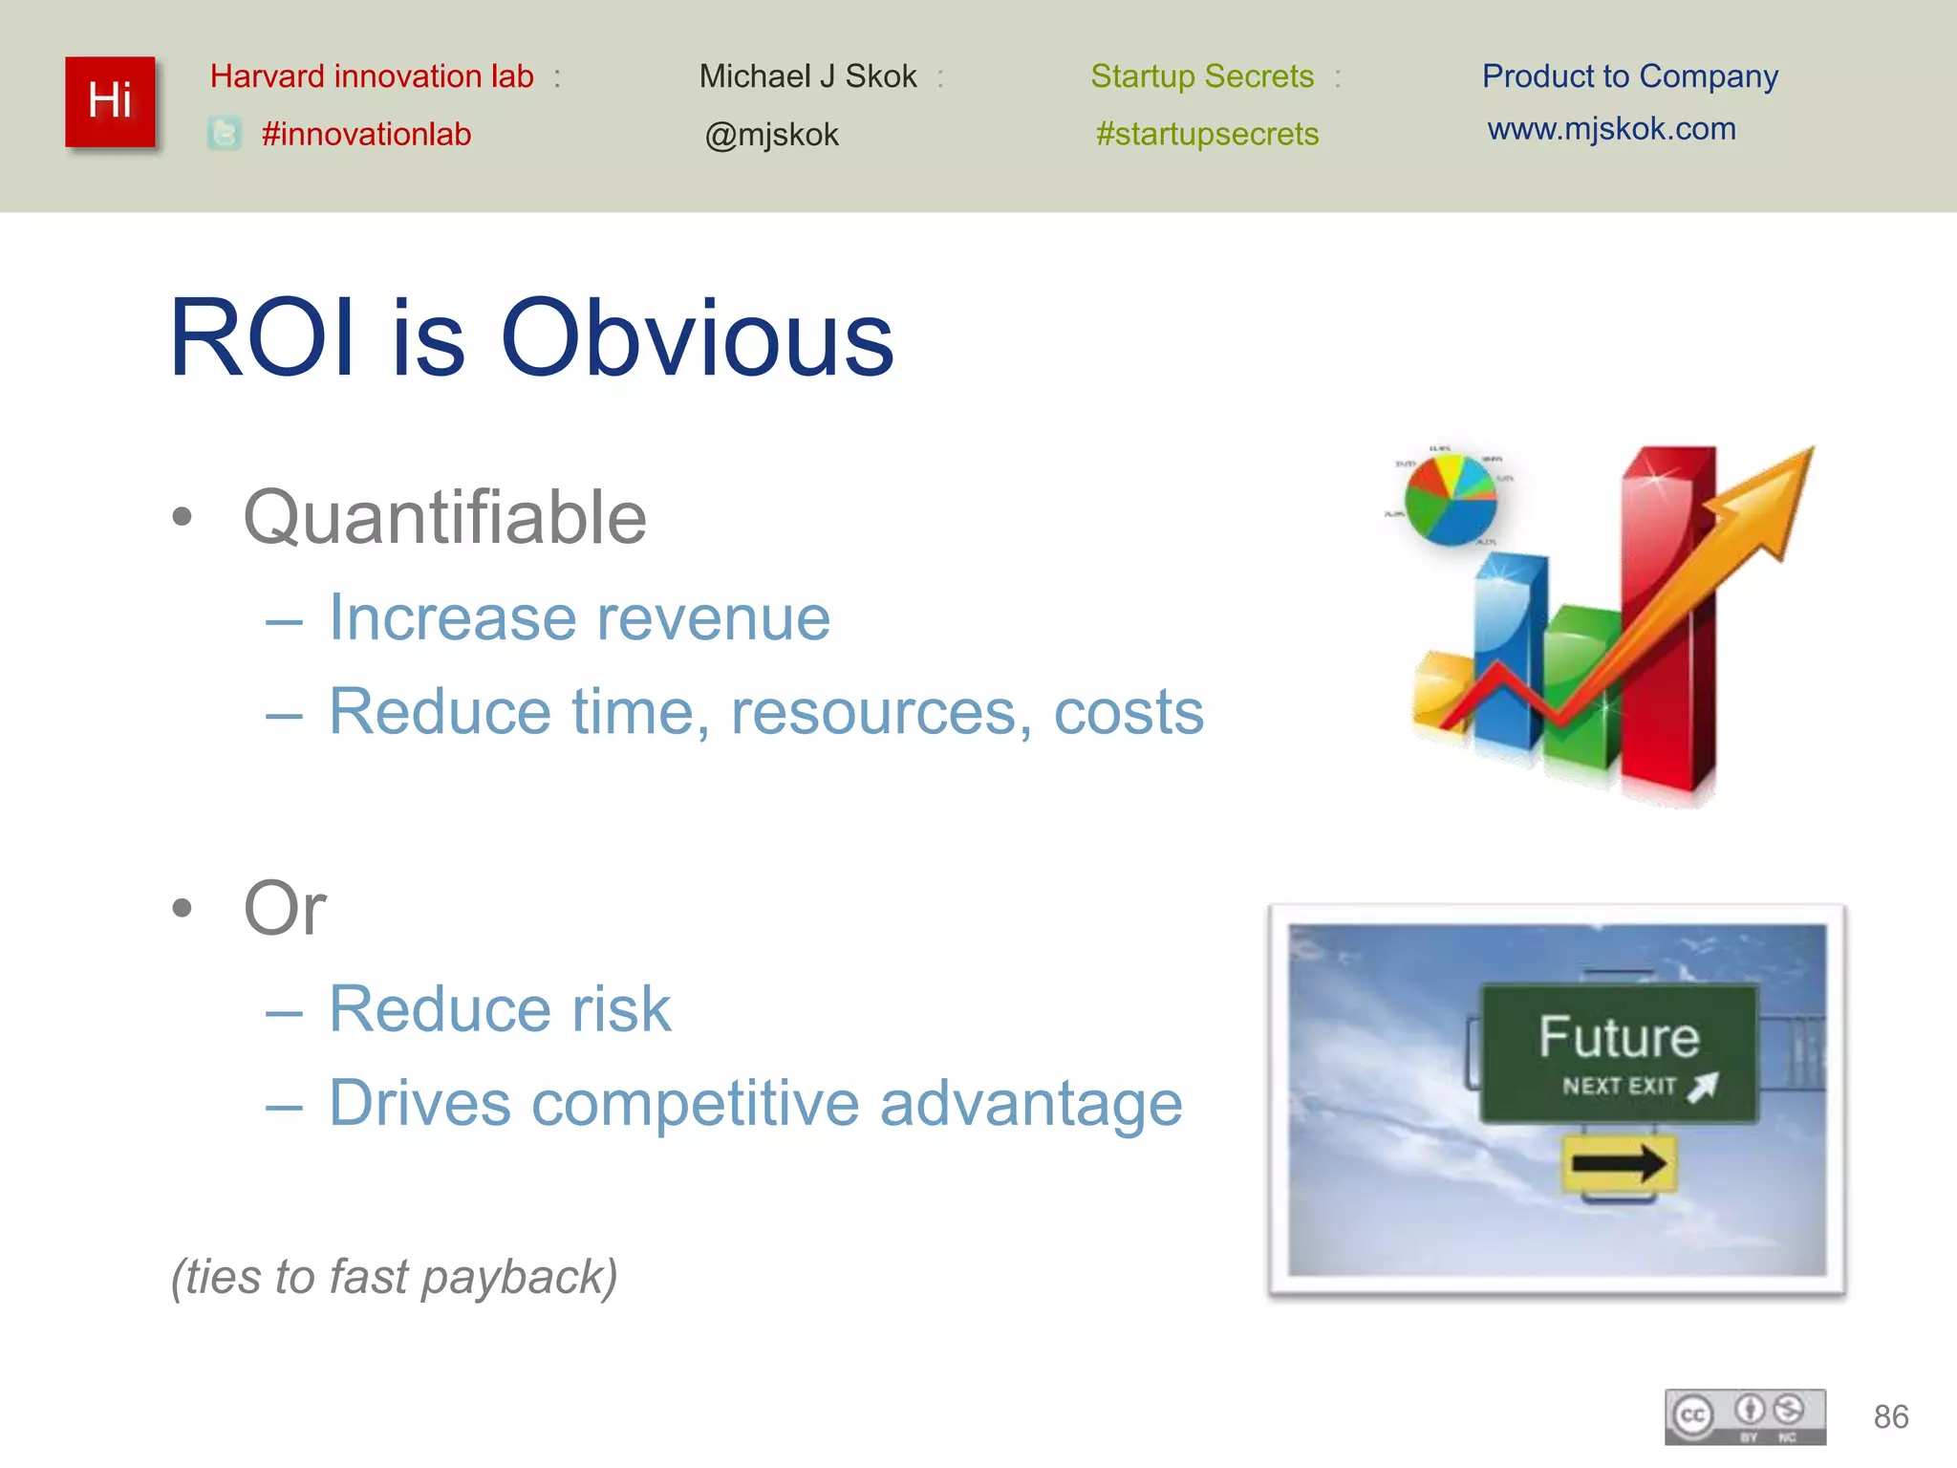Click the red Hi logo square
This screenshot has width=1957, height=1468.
pyautogui.click(x=110, y=101)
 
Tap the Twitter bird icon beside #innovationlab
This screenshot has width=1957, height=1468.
pyautogui.click(x=225, y=134)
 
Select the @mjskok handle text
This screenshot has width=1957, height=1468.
pyautogui.click(x=771, y=135)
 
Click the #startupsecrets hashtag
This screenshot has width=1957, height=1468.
pyautogui.click(x=1207, y=134)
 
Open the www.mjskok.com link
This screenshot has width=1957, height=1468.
pyautogui.click(x=1611, y=129)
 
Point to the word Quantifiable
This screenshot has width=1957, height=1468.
pyautogui.click(x=445, y=517)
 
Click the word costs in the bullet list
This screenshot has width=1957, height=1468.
pyautogui.click(x=1129, y=712)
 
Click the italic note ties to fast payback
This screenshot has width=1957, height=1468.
pyautogui.click(x=394, y=1277)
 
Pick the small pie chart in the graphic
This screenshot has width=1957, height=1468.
pyautogui.click(x=1450, y=499)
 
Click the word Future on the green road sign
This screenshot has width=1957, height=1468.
pyautogui.click(x=1619, y=1037)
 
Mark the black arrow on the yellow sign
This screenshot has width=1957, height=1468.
pyautogui.click(x=1619, y=1163)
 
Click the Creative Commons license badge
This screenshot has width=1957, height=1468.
pyautogui.click(x=1745, y=1415)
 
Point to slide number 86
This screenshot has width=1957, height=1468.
pyautogui.click(x=1890, y=1416)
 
